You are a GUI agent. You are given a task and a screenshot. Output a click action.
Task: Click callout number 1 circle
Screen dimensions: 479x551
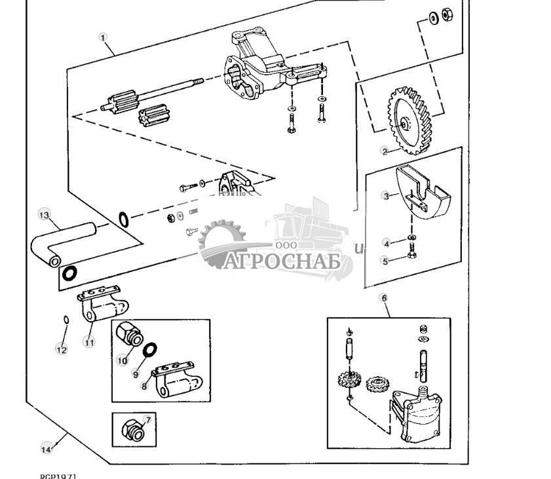pos(103,37)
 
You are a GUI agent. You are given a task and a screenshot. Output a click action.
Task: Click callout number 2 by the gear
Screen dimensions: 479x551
pos(385,151)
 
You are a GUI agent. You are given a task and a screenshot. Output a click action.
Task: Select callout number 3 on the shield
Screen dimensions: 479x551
pos(386,195)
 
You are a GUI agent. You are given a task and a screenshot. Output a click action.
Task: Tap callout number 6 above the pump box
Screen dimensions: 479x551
pos(384,298)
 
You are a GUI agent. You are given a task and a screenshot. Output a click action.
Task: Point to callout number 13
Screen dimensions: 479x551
pos(45,215)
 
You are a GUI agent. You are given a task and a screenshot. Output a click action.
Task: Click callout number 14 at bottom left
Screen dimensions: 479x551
pos(46,449)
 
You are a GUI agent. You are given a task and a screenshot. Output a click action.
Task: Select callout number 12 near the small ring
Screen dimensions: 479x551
pos(61,350)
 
